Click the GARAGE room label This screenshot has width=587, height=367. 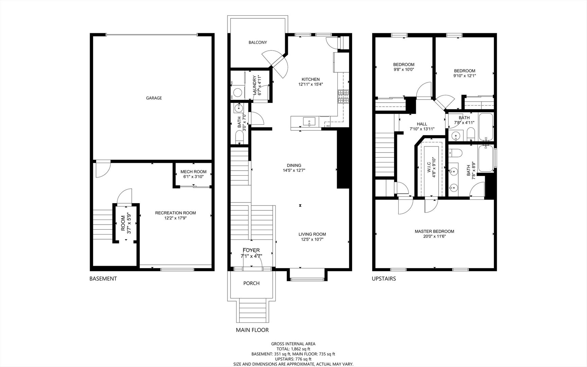154,98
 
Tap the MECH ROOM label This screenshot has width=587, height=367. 193,172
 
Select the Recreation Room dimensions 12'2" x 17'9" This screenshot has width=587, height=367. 175,218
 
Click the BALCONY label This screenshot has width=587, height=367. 257,42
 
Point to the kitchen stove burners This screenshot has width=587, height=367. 343,97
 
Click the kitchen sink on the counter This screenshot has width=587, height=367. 309,122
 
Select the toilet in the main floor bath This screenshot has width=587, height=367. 239,138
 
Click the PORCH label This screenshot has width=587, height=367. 251,283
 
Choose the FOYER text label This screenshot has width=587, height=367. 251,250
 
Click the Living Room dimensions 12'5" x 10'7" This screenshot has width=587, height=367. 312,239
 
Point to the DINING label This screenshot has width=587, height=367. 294,165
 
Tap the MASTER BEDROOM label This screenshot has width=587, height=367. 434,231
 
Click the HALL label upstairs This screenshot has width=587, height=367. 422,124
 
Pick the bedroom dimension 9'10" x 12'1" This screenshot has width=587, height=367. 464,76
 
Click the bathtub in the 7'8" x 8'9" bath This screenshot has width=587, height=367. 486,159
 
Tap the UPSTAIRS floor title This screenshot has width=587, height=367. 384,279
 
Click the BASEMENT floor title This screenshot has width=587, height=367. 103,279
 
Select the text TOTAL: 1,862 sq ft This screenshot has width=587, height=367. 293,349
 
